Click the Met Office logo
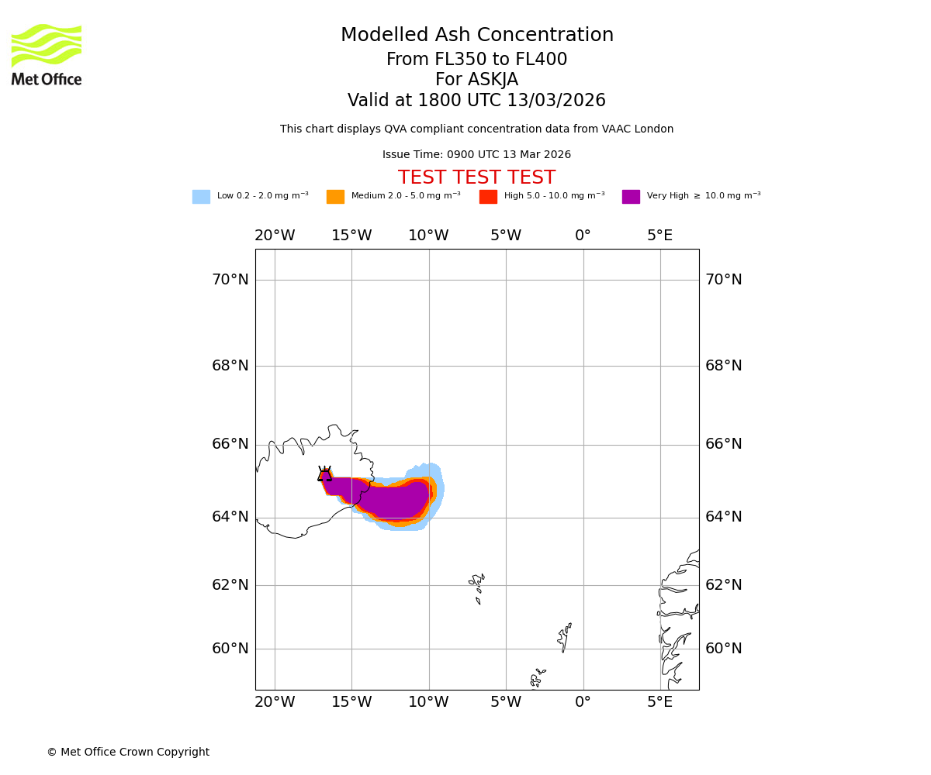click(x=47, y=54)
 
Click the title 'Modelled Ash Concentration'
click(x=476, y=36)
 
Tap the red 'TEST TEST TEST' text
click(x=476, y=178)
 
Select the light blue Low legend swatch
click(x=201, y=197)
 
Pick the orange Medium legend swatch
click(x=335, y=197)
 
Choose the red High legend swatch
click(x=488, y=197)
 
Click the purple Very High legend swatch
click(x=631, y=197)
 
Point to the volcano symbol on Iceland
click(x=324, y=474)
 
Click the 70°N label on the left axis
click(x=230, y=280)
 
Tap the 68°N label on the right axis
click(x=723, y=366)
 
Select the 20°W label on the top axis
click(x=275, y=236)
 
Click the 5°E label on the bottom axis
click(x=659, y=702)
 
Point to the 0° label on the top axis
click(x=583, y=236)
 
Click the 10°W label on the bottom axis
click(x=428, y=702)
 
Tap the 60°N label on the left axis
click(x=230, y=649)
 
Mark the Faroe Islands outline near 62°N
click(x=476, y=587)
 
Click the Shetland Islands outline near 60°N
click(x=564, y=637)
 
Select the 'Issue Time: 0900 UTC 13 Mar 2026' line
click(x=476, y=155)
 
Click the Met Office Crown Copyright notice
click(x=128, y=753)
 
